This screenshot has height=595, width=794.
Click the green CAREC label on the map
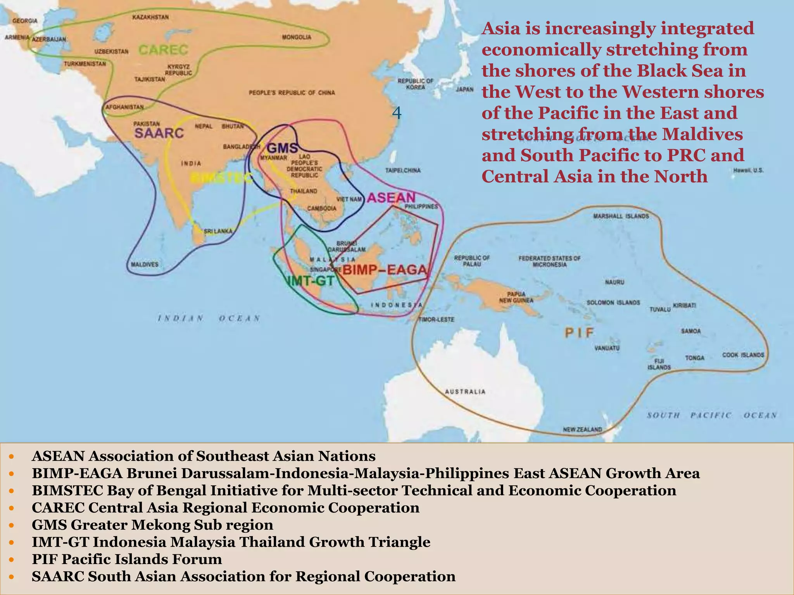(163, 50)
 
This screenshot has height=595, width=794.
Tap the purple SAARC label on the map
(159, 133)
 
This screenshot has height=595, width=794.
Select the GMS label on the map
(283, 148)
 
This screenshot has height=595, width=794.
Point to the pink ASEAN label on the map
(391, 198)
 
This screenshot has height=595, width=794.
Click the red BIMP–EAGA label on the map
(385, 270)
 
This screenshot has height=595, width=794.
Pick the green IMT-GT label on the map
(311, 281)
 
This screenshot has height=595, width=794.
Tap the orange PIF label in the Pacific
(579, 332)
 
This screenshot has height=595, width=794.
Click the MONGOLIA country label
(297, 37)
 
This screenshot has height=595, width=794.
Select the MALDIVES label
(145, 265)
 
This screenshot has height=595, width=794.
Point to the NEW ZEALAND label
(582, 429)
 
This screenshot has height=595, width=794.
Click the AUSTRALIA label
(465, 392)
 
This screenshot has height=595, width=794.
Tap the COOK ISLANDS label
(743, 355)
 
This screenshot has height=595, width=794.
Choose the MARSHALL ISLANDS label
(621, 216)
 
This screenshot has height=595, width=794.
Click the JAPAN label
(464, 89)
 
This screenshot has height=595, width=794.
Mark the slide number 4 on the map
(397, 113)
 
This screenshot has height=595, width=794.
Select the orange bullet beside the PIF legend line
(12, 559)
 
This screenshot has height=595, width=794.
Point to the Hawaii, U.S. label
(748, 170)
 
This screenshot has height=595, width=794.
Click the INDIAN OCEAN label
(209, 318)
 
